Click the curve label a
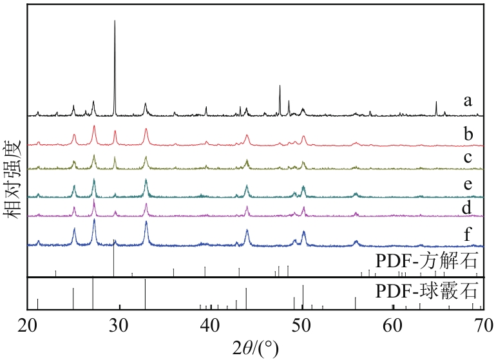[x=468, y=100]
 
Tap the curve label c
[x=468, y=157]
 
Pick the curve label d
[x=469, y=207]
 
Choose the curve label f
[x=468, y=236]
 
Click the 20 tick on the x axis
[x=28, y=323]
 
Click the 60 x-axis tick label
[x=392, y=323]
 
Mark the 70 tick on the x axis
[x=482, y=323]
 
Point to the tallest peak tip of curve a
[x=115, y=21]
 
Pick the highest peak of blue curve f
[x=95, y=220]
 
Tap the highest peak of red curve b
[x=95, y=126]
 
